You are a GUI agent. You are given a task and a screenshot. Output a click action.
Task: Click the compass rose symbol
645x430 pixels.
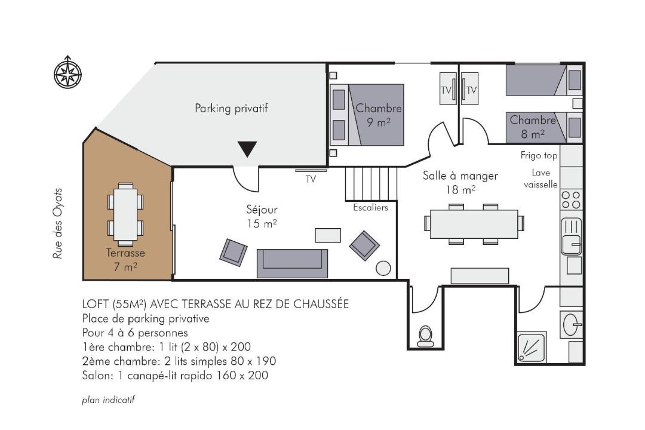click(x=67, y=72)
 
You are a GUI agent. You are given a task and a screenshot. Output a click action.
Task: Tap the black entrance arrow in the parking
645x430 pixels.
click(x=247, y=149)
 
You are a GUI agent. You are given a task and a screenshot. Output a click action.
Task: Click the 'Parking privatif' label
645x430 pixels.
click(x=231, y=108)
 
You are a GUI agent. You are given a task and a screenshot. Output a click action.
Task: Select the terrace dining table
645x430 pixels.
click(x=125, y=214)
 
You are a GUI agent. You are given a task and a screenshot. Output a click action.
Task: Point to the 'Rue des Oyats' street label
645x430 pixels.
click(x=57, y=223)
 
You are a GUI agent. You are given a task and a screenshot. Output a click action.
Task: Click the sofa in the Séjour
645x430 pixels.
click(x=292, y=263)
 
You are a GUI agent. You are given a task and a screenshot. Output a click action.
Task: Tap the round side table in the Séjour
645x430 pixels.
click(x=383, y=268)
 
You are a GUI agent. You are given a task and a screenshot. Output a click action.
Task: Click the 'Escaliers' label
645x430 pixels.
click(x=371, y=207)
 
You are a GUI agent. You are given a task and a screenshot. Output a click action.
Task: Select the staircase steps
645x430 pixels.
click(x=371, y=183)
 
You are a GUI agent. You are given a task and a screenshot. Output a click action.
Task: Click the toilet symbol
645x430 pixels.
click(x=425, y=336)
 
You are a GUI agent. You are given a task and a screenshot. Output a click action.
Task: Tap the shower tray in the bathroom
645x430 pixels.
click(x=532, y=348)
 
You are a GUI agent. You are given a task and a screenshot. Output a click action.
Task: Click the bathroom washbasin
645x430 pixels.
click(x=572, y=324)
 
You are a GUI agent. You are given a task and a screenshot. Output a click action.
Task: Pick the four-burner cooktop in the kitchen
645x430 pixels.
click(x=572, y=199)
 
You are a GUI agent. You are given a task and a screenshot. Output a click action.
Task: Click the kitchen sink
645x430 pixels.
click(x=572, y=236)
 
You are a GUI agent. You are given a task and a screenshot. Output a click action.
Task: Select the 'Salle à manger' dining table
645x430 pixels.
click(x=474, y=224)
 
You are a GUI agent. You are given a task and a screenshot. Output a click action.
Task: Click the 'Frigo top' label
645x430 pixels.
click(x=539, y=155)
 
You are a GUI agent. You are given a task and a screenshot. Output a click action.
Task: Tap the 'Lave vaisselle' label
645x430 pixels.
click(x=540, y=179)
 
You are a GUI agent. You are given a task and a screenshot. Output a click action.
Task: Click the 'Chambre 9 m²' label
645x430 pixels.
click(x=379, y=115)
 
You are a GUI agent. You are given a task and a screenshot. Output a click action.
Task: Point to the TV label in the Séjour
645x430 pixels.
click(x=311, y=179)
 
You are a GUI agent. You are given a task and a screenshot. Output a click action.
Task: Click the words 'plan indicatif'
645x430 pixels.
click(x=108, y=400)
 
